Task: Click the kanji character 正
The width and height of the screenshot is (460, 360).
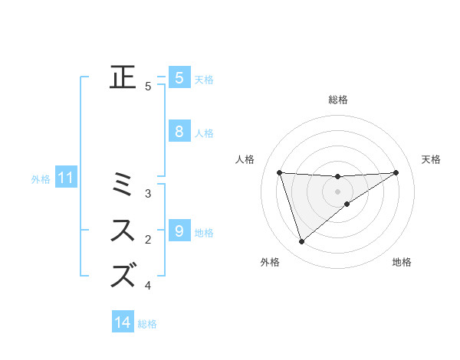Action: (123, 77)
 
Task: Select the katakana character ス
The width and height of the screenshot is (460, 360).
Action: (123, 231)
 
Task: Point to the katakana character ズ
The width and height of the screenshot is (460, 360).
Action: (123, 275)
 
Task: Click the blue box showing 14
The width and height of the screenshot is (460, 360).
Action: (123, 322)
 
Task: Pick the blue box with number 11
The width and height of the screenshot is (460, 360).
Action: (66, 178)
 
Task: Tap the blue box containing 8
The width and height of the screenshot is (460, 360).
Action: (179, 132)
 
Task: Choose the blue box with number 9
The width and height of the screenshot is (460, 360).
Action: (179, 231)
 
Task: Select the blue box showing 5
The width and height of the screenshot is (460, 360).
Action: (179, 77)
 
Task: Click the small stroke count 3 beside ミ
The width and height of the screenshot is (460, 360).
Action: (148, 194)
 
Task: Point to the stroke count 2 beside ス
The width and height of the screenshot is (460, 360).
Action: (148, 241)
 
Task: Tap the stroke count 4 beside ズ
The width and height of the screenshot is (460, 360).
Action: (148, 286)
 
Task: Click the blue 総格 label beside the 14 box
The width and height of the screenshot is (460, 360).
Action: (147, 324)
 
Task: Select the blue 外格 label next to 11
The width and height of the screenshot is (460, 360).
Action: (41, 179)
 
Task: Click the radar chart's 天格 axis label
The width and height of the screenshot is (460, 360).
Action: (431, 159)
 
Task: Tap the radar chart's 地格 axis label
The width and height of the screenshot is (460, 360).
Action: (402, 262)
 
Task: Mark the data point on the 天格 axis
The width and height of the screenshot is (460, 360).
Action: (396, 172)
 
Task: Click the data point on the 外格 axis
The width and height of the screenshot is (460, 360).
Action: (301, 242)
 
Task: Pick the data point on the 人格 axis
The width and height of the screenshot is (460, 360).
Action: (279, 172)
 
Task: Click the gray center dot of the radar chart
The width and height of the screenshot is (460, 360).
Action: (337, 191)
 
